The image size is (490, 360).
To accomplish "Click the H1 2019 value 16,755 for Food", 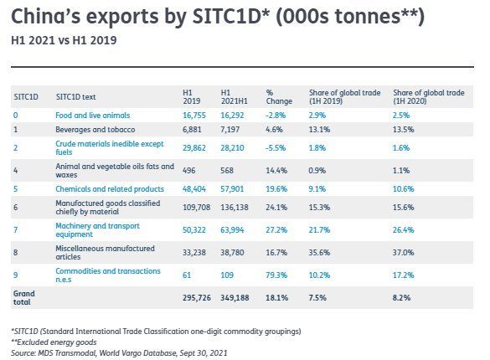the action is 194,116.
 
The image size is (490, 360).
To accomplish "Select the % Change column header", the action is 279,97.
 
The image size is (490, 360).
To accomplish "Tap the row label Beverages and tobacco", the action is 95,130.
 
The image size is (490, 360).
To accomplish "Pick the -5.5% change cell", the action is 276,148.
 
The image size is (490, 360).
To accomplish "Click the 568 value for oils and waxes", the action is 227,171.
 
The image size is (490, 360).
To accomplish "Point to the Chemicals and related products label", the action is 110,189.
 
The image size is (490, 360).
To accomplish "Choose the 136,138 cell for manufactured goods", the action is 235,208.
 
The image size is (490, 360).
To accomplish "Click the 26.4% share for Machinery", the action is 403,230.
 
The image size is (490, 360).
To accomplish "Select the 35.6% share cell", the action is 319,253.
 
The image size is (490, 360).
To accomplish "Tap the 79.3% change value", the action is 276,275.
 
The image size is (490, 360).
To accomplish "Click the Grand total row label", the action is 23,298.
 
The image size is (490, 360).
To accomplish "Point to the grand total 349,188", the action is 235,298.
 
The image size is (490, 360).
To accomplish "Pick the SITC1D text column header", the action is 75,97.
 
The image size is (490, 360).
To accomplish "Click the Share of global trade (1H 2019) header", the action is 345,97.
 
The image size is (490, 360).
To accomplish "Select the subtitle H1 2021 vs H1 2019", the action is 64,40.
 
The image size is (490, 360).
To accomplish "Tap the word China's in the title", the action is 45,16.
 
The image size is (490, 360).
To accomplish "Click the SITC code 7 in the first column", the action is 16,230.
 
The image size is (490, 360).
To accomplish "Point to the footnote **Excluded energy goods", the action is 54,342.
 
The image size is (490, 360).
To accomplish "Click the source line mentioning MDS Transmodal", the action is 119,353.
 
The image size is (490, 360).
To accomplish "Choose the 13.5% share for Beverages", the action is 403,130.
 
